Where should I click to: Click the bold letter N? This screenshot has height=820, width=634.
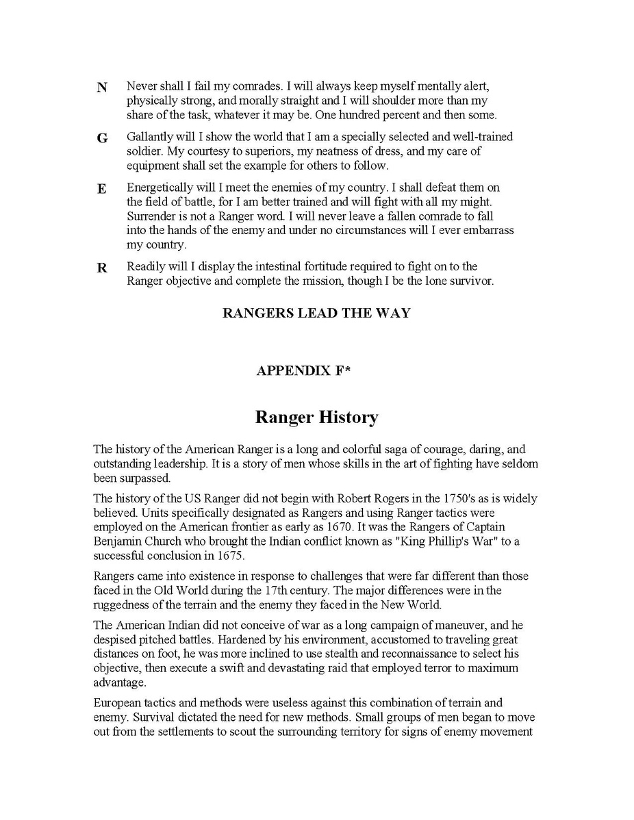click(x=102, y=88)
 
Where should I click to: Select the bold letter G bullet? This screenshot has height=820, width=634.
click(x=102, y=138)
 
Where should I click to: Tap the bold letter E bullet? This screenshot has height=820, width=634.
click(x=101, y=189)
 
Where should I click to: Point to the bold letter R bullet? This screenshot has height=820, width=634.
click(x=102, y=268)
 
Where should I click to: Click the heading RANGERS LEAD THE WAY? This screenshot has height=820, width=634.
click(x=316, y=313)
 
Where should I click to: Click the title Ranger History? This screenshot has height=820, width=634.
click(x=316, y=418)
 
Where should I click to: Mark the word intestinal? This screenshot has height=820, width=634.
click(x=274, y=267)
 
